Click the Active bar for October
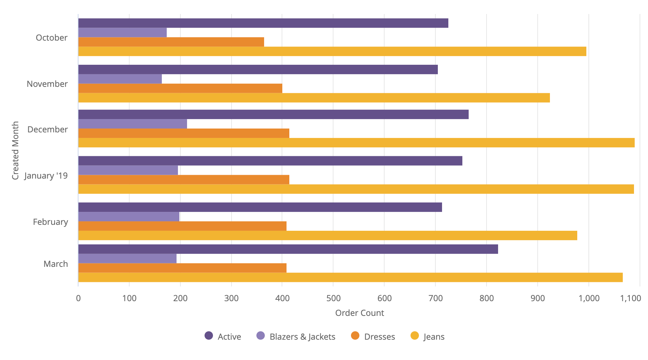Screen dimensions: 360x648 [263, 23]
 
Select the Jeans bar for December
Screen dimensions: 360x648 [356, 143]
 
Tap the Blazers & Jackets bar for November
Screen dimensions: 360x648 [120, 79]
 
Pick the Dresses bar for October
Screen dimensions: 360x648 [171, 42]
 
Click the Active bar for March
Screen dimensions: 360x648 [288, 249]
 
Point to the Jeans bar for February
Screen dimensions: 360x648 [328, 236]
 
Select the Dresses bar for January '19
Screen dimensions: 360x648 [184, 180]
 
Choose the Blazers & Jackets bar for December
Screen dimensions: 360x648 [132, 124]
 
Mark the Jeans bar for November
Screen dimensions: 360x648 [314, 98]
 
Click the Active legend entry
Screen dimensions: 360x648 [223, 337]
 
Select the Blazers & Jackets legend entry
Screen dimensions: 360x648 [296, 337]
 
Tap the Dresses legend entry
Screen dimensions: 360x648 [373, 337]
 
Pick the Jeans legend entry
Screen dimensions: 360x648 [427, 337]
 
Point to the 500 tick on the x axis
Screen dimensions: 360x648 [333, 298]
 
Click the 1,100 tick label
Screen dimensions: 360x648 [630, 298]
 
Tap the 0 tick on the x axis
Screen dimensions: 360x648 [78, 298]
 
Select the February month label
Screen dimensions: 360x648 [50, 222]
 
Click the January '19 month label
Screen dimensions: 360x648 [46, 176]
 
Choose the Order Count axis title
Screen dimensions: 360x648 [359, 313]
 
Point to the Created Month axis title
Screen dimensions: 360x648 [15, 151]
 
